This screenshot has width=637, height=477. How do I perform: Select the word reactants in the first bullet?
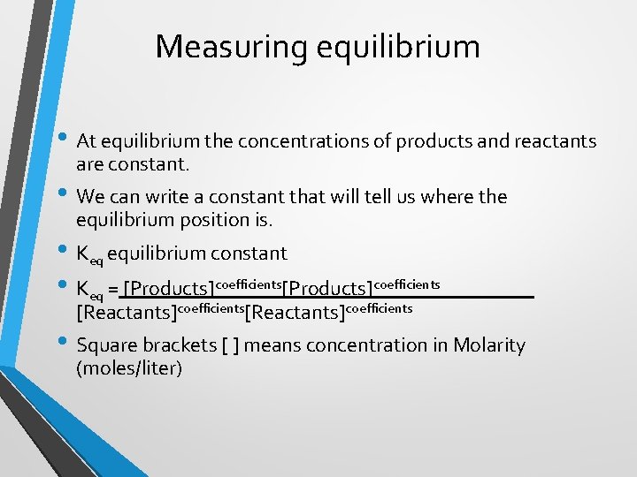tap(553, 141)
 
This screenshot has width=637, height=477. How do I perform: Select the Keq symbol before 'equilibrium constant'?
tap(89, 255)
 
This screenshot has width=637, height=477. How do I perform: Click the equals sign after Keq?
tap(113, 288)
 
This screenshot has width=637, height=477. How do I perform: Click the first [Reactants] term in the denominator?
tap(127, 312)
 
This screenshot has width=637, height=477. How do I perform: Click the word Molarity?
tap(488, 345)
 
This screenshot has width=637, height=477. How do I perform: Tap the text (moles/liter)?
tap(129, 367)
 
